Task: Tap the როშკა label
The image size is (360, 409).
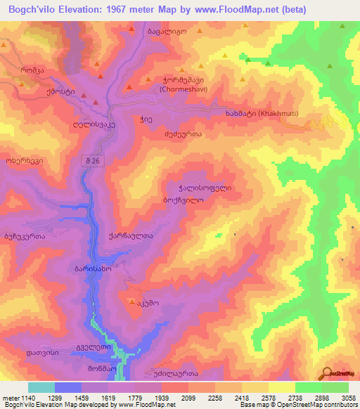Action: tap(32, 70)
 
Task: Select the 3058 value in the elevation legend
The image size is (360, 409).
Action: tap(338, 398)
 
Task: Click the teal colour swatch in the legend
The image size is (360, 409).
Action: tap(41, 387)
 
